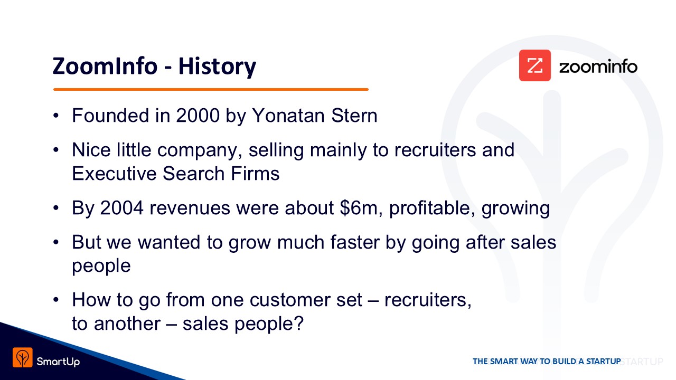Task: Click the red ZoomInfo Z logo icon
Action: click(x=535, y=65)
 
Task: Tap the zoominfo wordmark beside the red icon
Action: click(x=598, y=66)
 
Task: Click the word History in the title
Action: click(x=217, y=67)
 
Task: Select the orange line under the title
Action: click(x=211, y=89)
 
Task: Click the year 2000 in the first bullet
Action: click(x=198, y=116)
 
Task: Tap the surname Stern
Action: click(x=354, y=116)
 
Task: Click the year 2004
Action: click(x=121, y=208)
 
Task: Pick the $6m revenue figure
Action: click(x=358, y=208)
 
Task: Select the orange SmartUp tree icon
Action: click(x=23, y=358)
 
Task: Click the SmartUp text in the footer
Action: click(x=58, y=362)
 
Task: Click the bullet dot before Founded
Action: click(x=56, y=116)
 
